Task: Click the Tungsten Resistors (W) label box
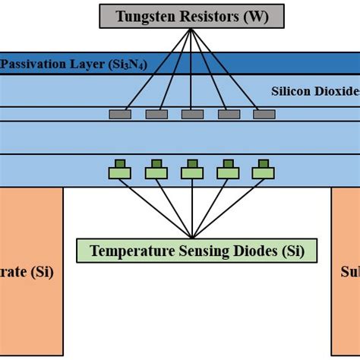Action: click(192, 16)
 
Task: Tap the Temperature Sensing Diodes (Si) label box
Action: click(197, 251)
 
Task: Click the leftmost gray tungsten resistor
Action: click(120, 115)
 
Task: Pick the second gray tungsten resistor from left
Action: click(156, 115)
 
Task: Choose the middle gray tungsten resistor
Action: click(192, 115)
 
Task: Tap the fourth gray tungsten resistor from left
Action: click(229, 115)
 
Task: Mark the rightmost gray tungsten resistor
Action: click(264, 115)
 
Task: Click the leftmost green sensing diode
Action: click(120, 172)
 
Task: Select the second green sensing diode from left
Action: click(156, 172)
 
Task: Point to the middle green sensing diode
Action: click(192, 172)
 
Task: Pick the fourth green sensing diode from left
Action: click(229, 172)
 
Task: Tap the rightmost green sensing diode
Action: click(264, 172)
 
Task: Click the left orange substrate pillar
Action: click(30, 273)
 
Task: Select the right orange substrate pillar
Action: click(346, 273)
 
